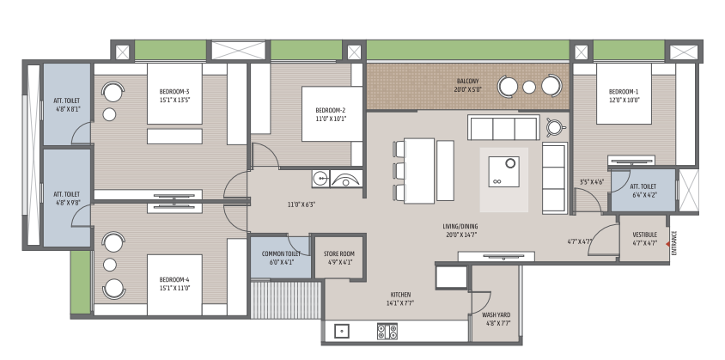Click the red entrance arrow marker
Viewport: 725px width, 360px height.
click(x=667, y=244)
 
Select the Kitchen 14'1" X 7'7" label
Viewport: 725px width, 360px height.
click(x=400, y=299)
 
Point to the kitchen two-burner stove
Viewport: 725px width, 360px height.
click(x=387, y=332)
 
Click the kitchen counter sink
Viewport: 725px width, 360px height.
click(x=342, y=332)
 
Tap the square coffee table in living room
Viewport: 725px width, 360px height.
click(x=504, y=172)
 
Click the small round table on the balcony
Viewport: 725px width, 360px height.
click(x=529, y=87)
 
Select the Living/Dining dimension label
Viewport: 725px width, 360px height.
click(x=460, y=230)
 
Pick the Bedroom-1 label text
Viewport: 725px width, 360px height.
click(x=624, y=95)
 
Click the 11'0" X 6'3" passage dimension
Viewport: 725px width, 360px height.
click(x=302, y=204)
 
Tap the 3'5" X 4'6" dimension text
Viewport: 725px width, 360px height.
click(x=592, y=182)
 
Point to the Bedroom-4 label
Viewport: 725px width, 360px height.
click(x=174, y=284)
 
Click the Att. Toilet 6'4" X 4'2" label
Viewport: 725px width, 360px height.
click(x=643, y=191)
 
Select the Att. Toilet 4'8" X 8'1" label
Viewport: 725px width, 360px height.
click(x=67, y=105)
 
